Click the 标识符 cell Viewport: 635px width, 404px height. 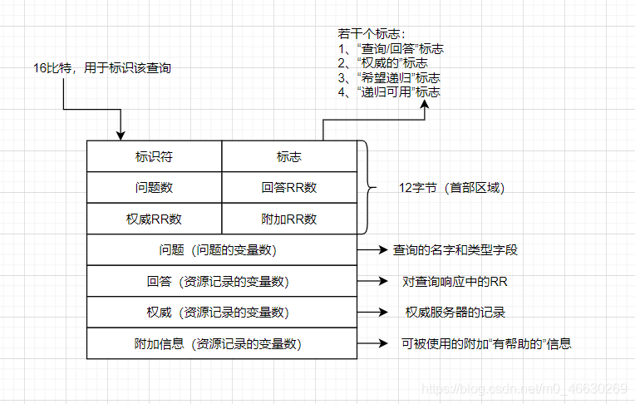click(x=154, y=156)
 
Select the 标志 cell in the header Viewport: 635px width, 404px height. click(x=288, y=156)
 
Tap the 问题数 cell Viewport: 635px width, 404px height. click(x=154, y=188)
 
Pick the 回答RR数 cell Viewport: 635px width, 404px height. click(x=288, y=188)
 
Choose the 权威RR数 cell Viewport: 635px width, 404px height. click(x=154, y=219)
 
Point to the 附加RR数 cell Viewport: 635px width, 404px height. click(x=288, y=219)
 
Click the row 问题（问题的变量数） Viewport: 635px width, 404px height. click(x=222, y=250)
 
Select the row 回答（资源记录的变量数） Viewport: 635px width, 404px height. click(x=222, y=281)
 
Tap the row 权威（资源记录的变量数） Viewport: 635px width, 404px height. click(x=222, y=313)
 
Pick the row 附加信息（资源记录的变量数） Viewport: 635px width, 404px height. click(x=222, y=343)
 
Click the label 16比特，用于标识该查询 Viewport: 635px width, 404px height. click(x=102, y=68)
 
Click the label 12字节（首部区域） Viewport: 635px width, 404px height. click(x=451, y=188)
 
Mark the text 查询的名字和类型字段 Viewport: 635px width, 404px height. click(x=456, y=250)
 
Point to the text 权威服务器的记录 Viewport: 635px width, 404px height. click(x=455, y=313)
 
